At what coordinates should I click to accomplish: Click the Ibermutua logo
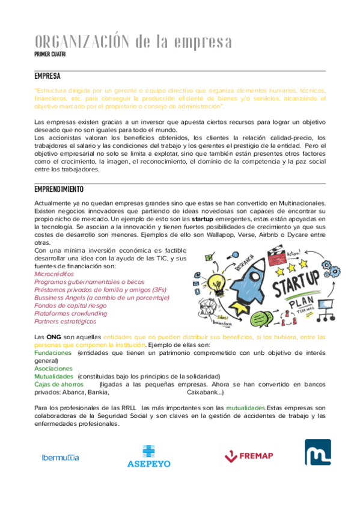point(60,457)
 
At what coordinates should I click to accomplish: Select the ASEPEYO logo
point(148,456)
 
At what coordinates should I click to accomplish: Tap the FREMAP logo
point(247,456)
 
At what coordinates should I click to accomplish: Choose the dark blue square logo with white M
point(317,453)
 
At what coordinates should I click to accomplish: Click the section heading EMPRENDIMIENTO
point(59,189)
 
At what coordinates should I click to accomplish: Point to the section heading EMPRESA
point(47,76)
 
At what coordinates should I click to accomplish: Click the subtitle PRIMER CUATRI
point(50,55)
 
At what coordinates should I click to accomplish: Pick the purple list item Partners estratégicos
point(61,321)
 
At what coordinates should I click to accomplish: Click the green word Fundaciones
point(54,353)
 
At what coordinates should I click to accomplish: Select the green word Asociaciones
point(53,368)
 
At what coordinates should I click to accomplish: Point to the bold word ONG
point(53,337)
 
